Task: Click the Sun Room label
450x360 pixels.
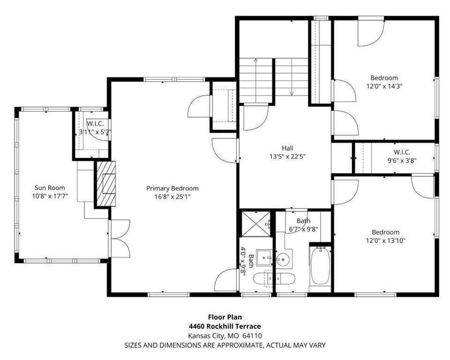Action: pyautogui.click(x=50, y=188)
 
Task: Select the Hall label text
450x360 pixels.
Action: pyautogui.click(x=287, y=148)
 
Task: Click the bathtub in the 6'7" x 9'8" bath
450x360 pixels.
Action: pyautogui.click(x=320, y=266)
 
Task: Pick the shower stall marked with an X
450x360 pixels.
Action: pyautogui.click(x=255, y=224)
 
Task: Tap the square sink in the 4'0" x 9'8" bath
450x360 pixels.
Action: pyautogui.click(x=264, y=257)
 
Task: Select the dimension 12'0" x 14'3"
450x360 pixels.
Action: pyautogui.click(x=384, y=86)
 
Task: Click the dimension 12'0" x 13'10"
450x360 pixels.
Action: pyautogui.click(x=386, y=240)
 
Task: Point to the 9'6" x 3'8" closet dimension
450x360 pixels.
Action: pyautogui.click(x=402, y=161)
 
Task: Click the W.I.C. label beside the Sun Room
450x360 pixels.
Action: pyautogui.click(x=95, y=124)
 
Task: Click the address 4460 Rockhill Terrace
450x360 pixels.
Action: pyautogui.click(x=225, y=326)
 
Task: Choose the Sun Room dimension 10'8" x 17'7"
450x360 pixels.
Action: pyautogui.click(x=50, y=196)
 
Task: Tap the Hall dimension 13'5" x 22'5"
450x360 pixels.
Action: pyautogui.click(x=287, y=157)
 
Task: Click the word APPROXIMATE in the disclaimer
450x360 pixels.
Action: pyautogui.click(x=239, y=345)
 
